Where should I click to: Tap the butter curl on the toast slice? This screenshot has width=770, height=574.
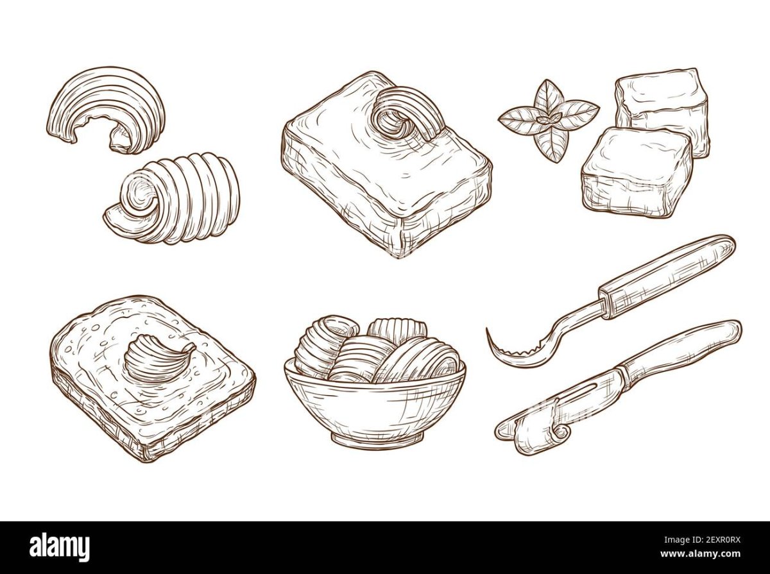pos(158,358)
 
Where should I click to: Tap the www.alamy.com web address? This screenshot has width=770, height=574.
pos(700,554)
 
